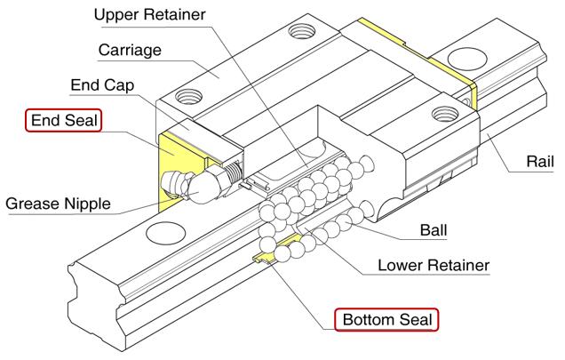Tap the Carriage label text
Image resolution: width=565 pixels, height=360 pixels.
(131, 50)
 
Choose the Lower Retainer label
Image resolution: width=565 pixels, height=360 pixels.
(434, 265)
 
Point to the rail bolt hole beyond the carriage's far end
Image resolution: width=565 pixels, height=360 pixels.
(465, 59)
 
